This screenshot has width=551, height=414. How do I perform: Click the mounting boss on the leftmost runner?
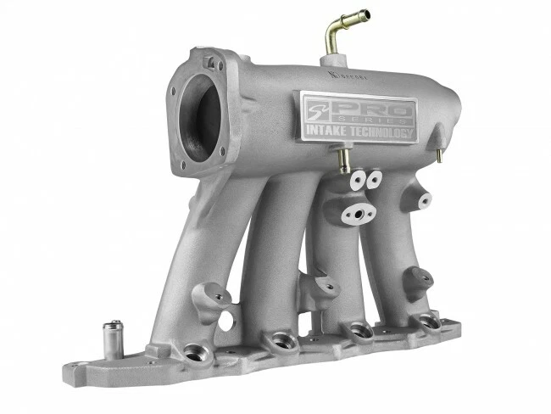point(213,298)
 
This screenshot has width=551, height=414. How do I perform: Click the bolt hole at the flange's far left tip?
point(80,371)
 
